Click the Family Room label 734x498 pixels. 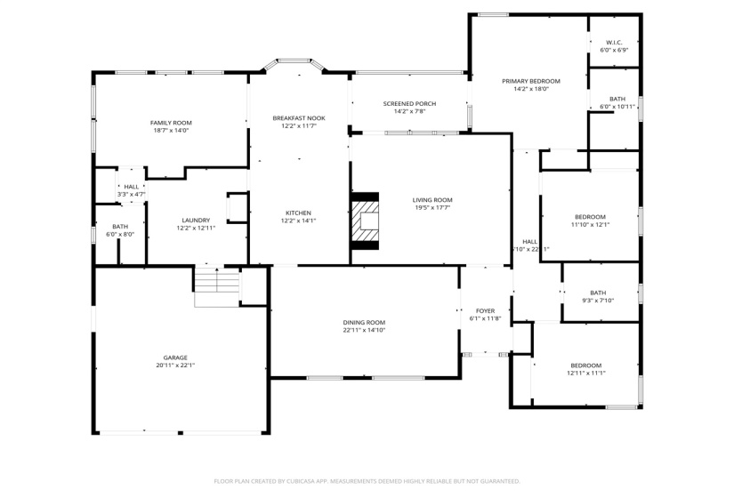click(x=171, y=123)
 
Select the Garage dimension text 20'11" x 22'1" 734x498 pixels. click(x=175, y=365)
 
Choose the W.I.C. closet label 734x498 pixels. click(x=614, y=43)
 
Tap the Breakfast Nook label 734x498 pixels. click(x=298, y=118)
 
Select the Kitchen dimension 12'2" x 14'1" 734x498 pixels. click(x=298, y=221)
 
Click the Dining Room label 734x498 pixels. click(x=364, y=322)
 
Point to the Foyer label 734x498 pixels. click(x=485, y=310)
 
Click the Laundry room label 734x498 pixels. click(x=196, y=221)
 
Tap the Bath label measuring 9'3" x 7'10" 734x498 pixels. click(x=597, y=293)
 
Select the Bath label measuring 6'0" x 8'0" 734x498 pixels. click(x=120, y=227)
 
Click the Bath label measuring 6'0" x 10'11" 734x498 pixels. click(x=617, y=99)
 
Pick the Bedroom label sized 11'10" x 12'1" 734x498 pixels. click(x=590, y=217)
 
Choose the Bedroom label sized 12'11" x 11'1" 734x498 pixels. click(x=585, y=365)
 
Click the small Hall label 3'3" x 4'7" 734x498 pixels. click(x=131, y=187)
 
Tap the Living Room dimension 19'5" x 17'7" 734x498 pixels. click(x=432, y=207)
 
